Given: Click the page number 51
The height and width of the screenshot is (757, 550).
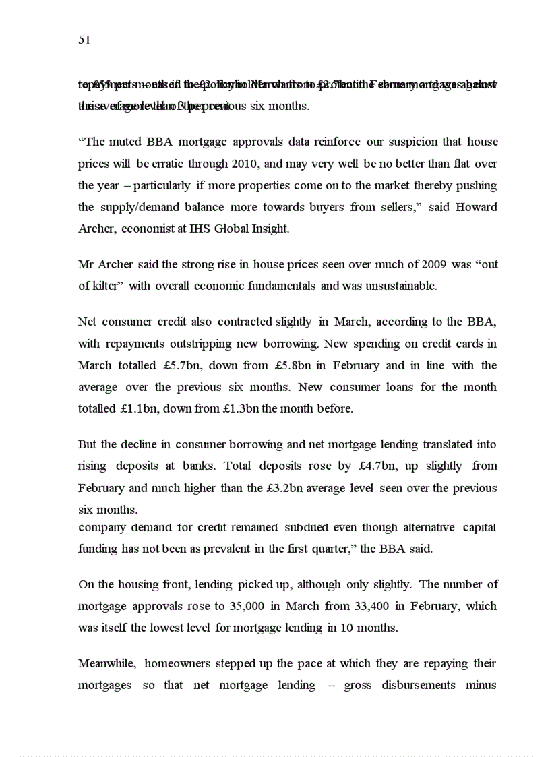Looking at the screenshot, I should (x=84, y=40).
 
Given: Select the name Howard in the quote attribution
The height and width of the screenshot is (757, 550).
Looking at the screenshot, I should (x=476, y=207).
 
